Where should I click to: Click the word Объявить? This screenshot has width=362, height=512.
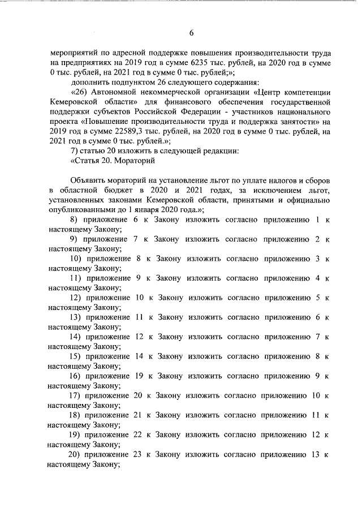pos(89,179)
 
